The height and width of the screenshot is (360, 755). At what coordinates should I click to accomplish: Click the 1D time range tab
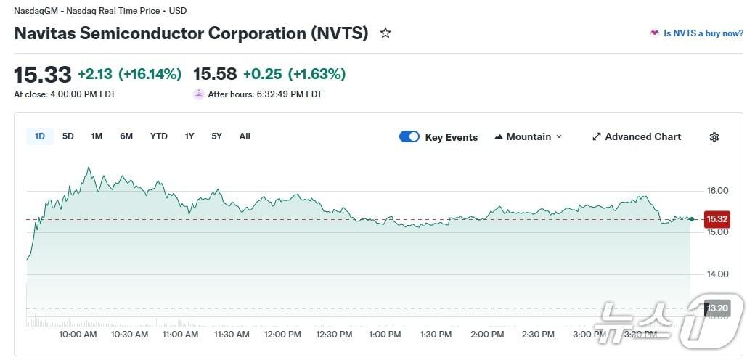click(x=40, y=136)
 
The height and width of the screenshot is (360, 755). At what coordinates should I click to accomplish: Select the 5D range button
click(x=68, y=136)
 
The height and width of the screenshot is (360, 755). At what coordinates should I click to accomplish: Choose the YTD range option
click(x=158, y=136)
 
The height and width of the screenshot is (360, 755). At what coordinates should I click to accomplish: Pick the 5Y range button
click(x=216, y=136)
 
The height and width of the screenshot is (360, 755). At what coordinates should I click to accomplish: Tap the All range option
click(x=245, y=136)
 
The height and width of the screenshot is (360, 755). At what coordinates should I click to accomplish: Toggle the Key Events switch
click(x=409, y=136)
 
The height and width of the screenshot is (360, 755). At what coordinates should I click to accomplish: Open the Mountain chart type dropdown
click(x=528, y=136)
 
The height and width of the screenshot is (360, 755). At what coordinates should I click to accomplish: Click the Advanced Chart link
click(x=636, y=136)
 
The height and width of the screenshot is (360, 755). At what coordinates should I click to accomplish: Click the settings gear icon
click(x=714, y=137)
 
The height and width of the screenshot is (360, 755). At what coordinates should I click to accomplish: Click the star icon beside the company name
click(x=385, y=33)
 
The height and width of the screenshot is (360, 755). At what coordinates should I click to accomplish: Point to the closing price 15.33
click(x=43, y=74)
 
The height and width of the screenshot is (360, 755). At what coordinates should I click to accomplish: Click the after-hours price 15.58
click(x=215, y=74)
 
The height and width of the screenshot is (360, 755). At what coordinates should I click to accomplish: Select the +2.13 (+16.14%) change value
click(x=129, y=74)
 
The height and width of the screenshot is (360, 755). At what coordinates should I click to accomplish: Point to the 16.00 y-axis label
click(x=717, y=191)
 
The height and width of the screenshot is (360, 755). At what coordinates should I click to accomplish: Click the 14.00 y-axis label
click(x=717, y=274)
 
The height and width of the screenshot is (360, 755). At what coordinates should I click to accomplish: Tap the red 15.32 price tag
click(x=717, y=218)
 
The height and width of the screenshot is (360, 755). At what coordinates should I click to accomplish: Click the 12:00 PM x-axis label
click(x=282, y=335)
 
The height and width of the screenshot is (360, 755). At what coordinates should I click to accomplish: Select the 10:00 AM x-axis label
click(x=78, y=335)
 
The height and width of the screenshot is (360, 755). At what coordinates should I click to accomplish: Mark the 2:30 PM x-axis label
click(x=538, y=335)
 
